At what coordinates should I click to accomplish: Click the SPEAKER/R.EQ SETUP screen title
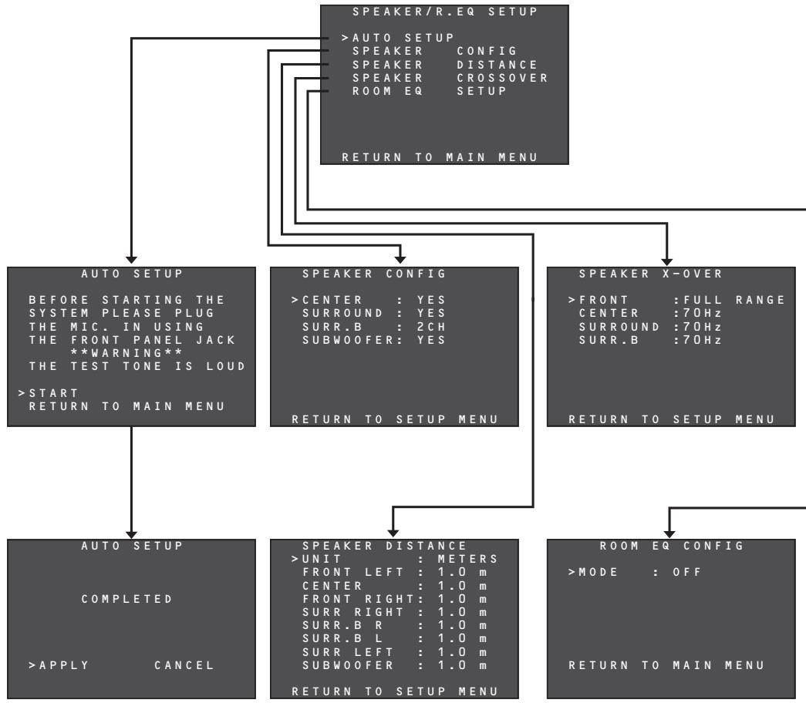pos(444,12)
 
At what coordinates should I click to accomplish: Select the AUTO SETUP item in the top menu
pos(403,38)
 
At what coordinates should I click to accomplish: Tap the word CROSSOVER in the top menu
pos(502,78)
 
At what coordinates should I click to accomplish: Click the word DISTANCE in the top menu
pos(497,65)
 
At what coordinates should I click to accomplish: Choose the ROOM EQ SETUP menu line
pos(429,92)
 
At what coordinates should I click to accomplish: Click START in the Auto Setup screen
pos(53,393)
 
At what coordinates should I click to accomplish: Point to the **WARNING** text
pos(126,354)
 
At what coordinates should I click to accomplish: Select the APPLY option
pos(64,665)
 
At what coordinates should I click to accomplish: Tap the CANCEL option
pos(184,665)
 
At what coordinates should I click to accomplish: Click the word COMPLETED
pos(126,599)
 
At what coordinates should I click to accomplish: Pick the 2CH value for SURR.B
pos(430,327)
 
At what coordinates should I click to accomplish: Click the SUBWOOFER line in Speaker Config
pos(374,340)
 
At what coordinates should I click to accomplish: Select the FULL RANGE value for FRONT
pos(734,300)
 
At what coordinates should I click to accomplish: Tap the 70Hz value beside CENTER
pos(703,314)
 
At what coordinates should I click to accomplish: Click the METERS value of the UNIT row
pos(467,559)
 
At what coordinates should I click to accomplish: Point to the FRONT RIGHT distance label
pos(358,599)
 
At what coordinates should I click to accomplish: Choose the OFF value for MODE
pos(687,573)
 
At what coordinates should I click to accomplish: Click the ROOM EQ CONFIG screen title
pos(671,546)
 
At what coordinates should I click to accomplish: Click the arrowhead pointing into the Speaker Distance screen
pos(393,534)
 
